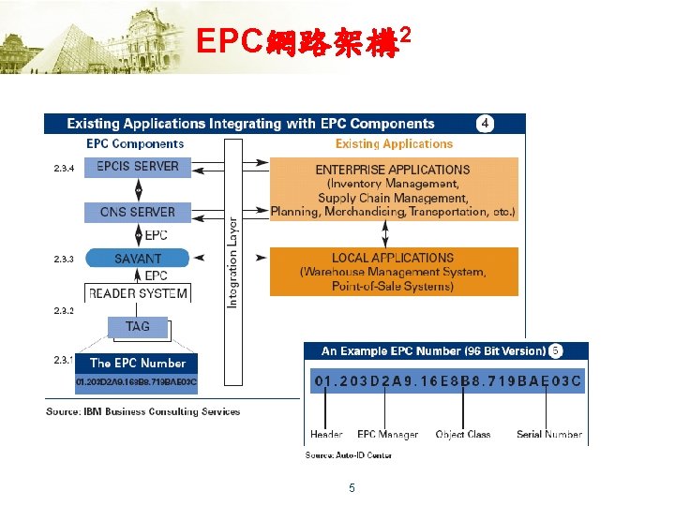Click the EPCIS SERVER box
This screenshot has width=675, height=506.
point(138,167)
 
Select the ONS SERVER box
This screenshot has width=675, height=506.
point(138,212)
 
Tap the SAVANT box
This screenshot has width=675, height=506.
point(138,258)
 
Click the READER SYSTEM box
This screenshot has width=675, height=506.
point(138,293)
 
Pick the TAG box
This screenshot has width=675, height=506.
point(138,327)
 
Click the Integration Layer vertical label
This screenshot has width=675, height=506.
point(233,261)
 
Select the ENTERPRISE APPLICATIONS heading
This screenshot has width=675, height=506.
point(393,170)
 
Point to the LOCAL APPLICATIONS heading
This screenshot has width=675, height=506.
point(393,258)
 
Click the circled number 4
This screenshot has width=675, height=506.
point(485,124)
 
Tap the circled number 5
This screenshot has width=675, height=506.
point(556,350)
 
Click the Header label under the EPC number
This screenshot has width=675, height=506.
point(326,435)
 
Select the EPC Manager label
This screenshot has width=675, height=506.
point(387,435)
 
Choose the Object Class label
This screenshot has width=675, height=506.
point(463,435)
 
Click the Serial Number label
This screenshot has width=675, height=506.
point(549,435)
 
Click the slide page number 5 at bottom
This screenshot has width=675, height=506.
point(352,488)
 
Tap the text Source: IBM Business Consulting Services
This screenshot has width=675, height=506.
point(143,411)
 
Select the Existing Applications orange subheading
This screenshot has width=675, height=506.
point(394,144)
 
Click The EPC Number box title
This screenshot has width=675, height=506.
point(138,363)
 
